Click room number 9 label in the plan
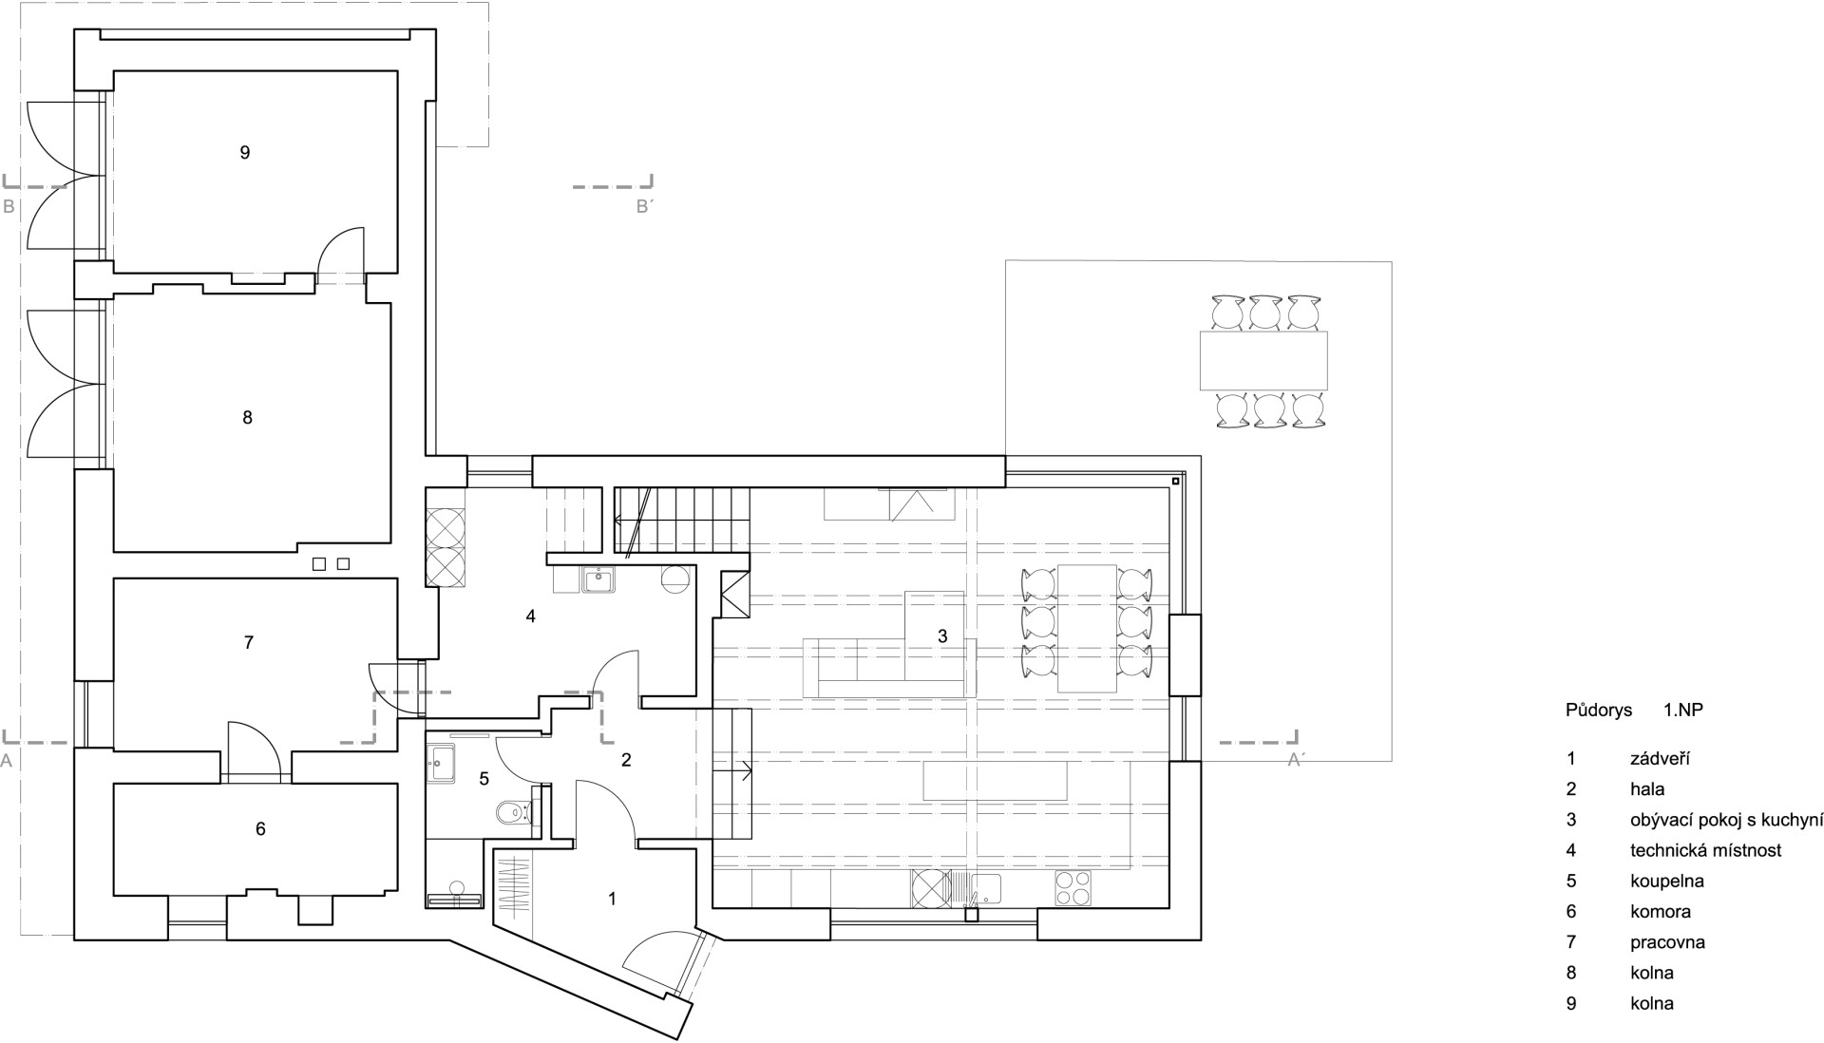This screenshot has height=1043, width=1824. [x=245, y=152]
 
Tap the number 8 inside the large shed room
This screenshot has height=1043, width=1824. [x=248, y=417]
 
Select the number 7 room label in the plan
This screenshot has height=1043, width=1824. [x=249, y=643]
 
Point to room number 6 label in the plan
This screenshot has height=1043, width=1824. [x=260, y=829]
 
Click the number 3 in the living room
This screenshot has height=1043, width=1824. [x=942, y=636]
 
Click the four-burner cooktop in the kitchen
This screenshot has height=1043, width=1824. [x=1073, y=888]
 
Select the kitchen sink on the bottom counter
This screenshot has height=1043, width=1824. [x=985, y=888]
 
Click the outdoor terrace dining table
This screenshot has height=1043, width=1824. [x=1263, y=360]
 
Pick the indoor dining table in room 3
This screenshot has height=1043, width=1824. [x=1087, y=628]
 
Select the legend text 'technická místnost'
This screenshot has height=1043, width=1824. [x=1706, y=850]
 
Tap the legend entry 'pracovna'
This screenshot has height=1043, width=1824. [x=1667, y=942]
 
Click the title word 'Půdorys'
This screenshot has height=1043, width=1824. [x=1599, y=710]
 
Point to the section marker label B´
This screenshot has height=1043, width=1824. [x=645, y=206]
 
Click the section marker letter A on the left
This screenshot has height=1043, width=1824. [x=8, y=760]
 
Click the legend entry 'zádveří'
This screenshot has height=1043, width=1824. [x=1661, y=759]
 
